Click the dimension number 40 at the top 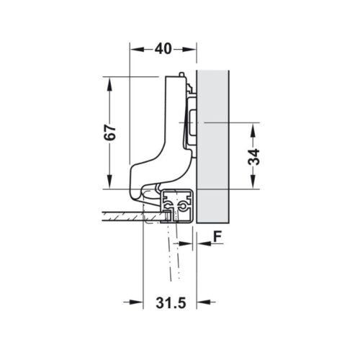pos(163,49)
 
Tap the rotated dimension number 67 pos(109,133)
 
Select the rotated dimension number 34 pos(254,157)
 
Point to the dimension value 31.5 pos(171,303)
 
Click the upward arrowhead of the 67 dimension pos(109,84)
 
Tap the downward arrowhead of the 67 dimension pos(109,183)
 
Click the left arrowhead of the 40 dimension pos(135,49)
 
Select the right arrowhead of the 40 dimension pos(192,49)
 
